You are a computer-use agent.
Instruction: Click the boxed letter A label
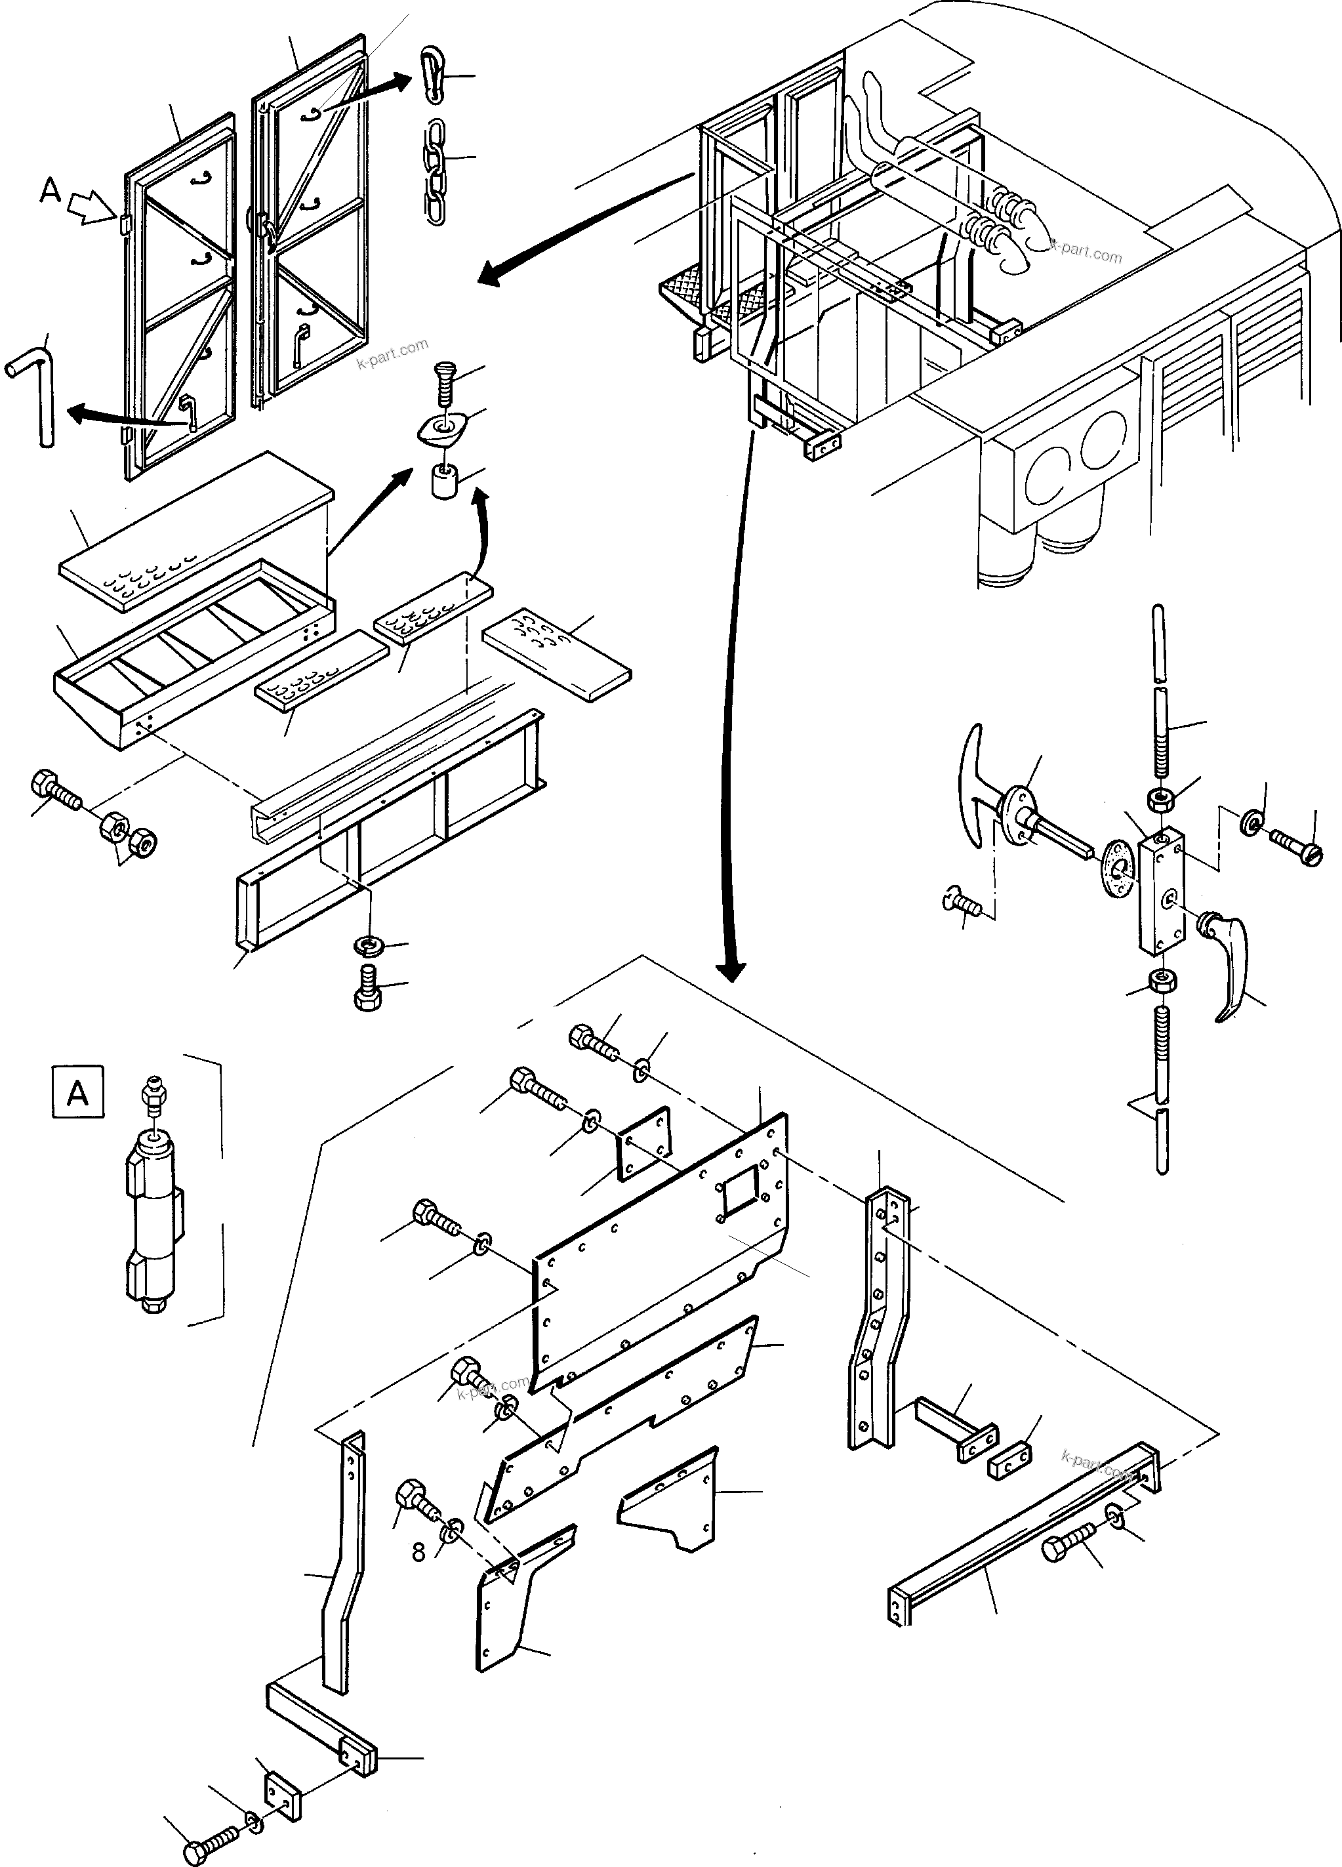[x=78, y=1093]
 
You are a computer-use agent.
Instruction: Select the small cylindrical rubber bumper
[x=445, y=481]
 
